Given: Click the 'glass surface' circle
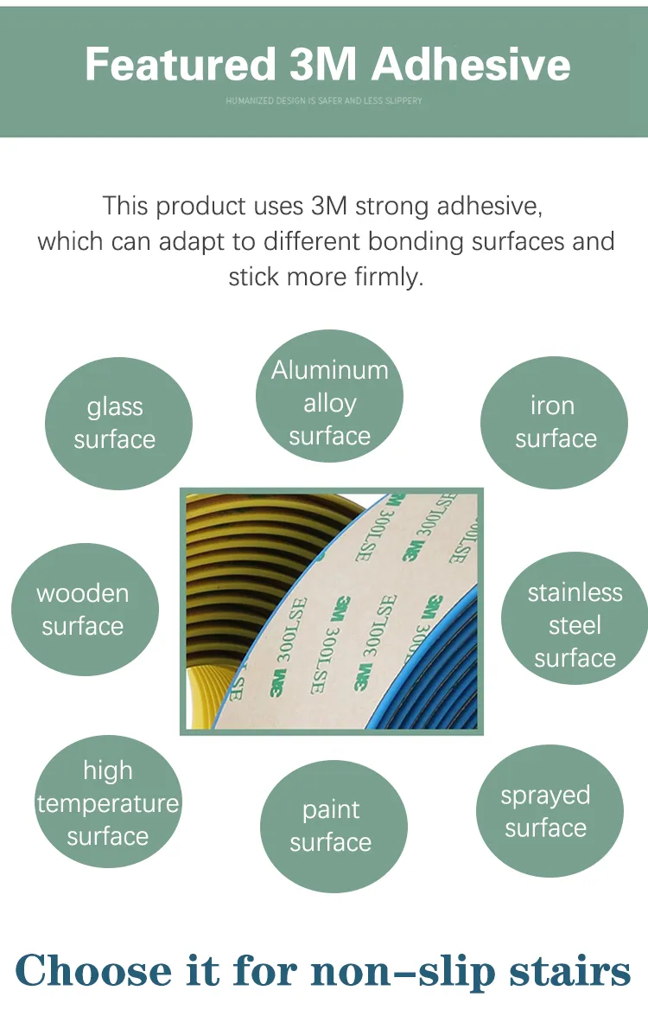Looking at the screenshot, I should pyautogui.click(x=118, y=423).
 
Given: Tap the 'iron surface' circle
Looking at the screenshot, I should pyautogui.click(x=554, y=422).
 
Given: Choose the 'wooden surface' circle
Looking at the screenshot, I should pyautogui.click(x=84, y=610).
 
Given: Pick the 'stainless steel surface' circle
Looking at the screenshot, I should pyautogui.click(x=575, y=625).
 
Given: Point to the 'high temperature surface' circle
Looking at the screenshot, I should pyautogui.click(x=107, y=803).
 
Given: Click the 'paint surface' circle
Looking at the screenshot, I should pyautogui.click(x=333, y=826).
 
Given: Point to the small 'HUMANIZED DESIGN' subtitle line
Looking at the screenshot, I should pyautogui.click(x=324, y=101).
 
